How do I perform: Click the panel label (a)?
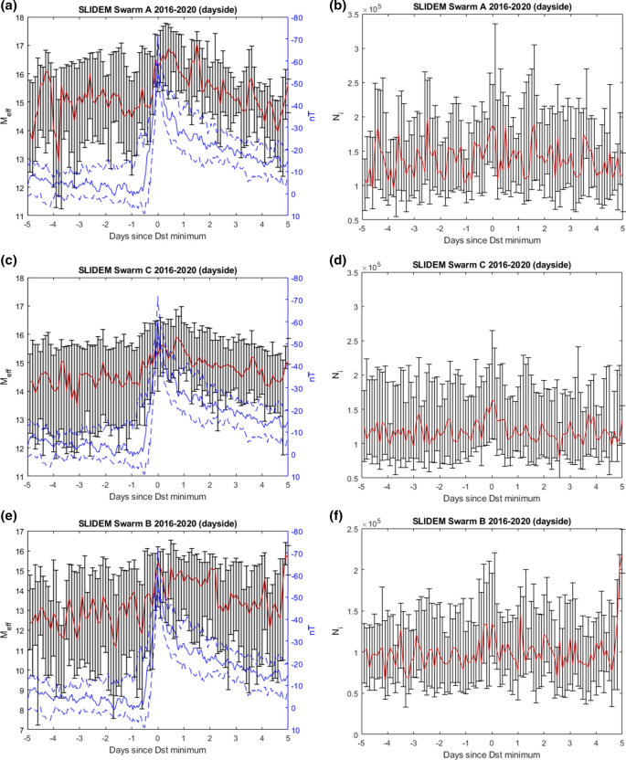pos(12,7)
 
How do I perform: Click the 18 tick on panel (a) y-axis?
pos(18,16)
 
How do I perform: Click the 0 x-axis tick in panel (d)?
pos(492,485)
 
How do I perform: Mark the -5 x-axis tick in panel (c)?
pos(27,485)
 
